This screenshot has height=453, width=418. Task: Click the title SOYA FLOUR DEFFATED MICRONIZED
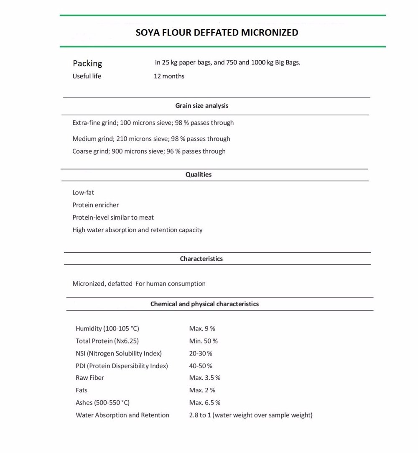[217, 33]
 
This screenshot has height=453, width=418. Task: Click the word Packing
[87, 64]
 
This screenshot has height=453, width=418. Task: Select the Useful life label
[87, 76]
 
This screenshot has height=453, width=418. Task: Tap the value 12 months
[169, 76]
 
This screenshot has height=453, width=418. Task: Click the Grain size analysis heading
[201, 106]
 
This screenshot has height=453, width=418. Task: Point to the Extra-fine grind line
[153, 123]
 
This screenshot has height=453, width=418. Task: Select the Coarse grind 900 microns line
[149, 151]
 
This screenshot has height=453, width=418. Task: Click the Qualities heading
[199, 174]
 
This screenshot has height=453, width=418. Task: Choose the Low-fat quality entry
[83, 193]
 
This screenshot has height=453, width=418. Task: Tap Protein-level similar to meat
[113, 218]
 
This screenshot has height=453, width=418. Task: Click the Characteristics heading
[201, 259]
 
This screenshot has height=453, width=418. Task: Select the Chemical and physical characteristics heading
[204, 304]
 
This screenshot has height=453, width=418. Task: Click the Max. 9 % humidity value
[202, 329]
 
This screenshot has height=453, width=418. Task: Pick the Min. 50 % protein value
[203, 341]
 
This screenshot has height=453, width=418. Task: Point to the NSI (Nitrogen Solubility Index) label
[119, 353]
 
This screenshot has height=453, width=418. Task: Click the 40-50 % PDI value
[201, 366]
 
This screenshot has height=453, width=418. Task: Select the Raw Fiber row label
[90, 378]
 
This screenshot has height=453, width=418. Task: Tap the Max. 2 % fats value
[202, 390]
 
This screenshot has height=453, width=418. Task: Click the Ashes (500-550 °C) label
[103, 403]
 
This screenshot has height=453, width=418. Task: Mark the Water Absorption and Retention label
[122, 415]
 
